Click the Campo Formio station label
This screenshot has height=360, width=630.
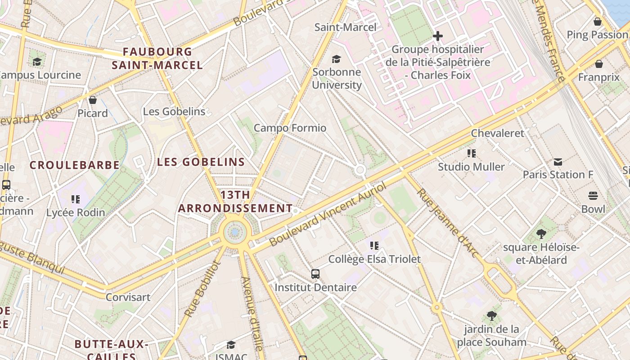coord(290,128)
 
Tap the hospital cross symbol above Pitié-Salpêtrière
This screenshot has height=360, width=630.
coord(437,36)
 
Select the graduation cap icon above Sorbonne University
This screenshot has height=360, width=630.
coord(336,59)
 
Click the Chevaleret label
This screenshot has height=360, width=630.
coord(497,133)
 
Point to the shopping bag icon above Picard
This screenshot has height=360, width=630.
coord(93,100)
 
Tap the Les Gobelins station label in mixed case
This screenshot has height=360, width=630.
coord(174,112)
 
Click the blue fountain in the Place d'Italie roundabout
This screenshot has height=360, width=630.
coord(235,232)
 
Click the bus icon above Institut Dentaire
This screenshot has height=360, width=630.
coord(315,274)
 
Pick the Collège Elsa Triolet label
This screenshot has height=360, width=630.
coord(374,259)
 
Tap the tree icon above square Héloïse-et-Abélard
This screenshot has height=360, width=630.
coord(541,234)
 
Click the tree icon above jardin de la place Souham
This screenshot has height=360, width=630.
coord(491,316)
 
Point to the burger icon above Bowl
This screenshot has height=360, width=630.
coord(593,196)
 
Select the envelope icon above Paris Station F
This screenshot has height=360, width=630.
coord(558,162)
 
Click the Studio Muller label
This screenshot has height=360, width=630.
coord(471,167)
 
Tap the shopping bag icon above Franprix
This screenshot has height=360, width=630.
coord(598,64)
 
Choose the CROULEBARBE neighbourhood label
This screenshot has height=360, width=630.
coord(75,165)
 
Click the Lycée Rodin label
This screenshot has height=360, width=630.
coord(76,212)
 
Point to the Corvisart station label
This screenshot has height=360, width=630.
coord(128,297)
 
